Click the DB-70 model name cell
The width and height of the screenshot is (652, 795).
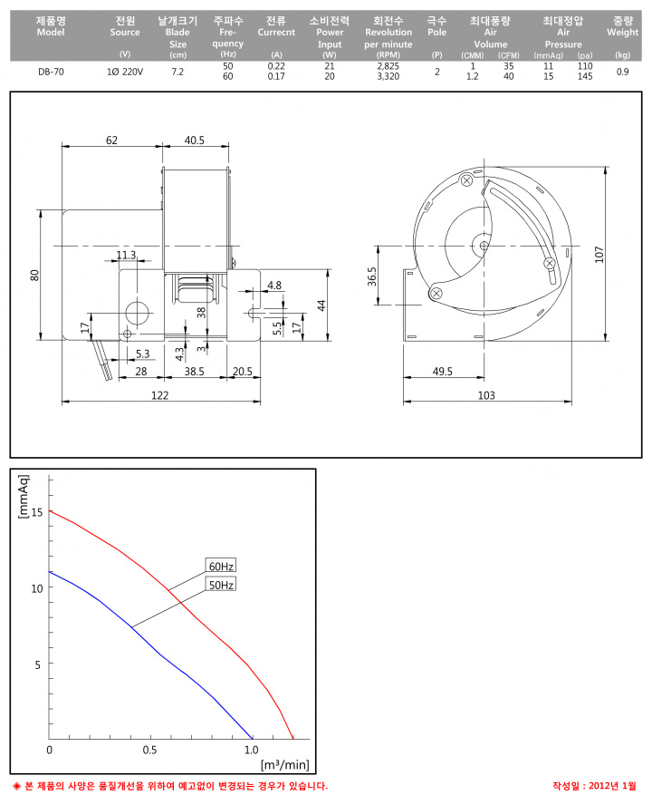tap(51, 72)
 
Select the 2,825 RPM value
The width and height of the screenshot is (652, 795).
tap(388, 66)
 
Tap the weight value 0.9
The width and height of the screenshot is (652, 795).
tap(623, 72)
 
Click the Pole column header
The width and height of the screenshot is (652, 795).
tap(436, 26)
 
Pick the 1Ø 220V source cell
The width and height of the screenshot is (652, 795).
tap(125, 72)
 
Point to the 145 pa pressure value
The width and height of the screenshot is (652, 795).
tap(585, 76)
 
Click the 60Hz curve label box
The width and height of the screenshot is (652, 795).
tap(221, 566)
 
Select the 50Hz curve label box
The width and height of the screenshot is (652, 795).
tap(221, 585)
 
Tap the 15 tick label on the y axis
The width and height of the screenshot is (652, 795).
tap(37, 512)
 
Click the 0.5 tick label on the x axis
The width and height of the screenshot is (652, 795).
tap(149, 750)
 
